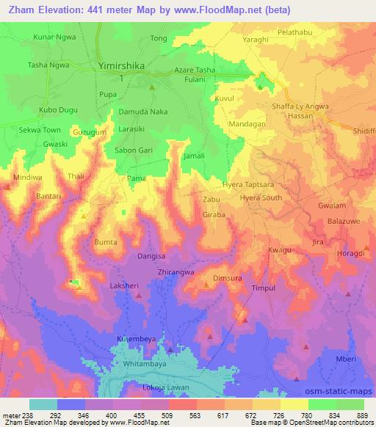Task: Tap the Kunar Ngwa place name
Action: pos(54,36)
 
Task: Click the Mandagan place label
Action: pos(247,125)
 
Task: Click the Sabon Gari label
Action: pos(133,150)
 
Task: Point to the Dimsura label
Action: pos(227,279)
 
